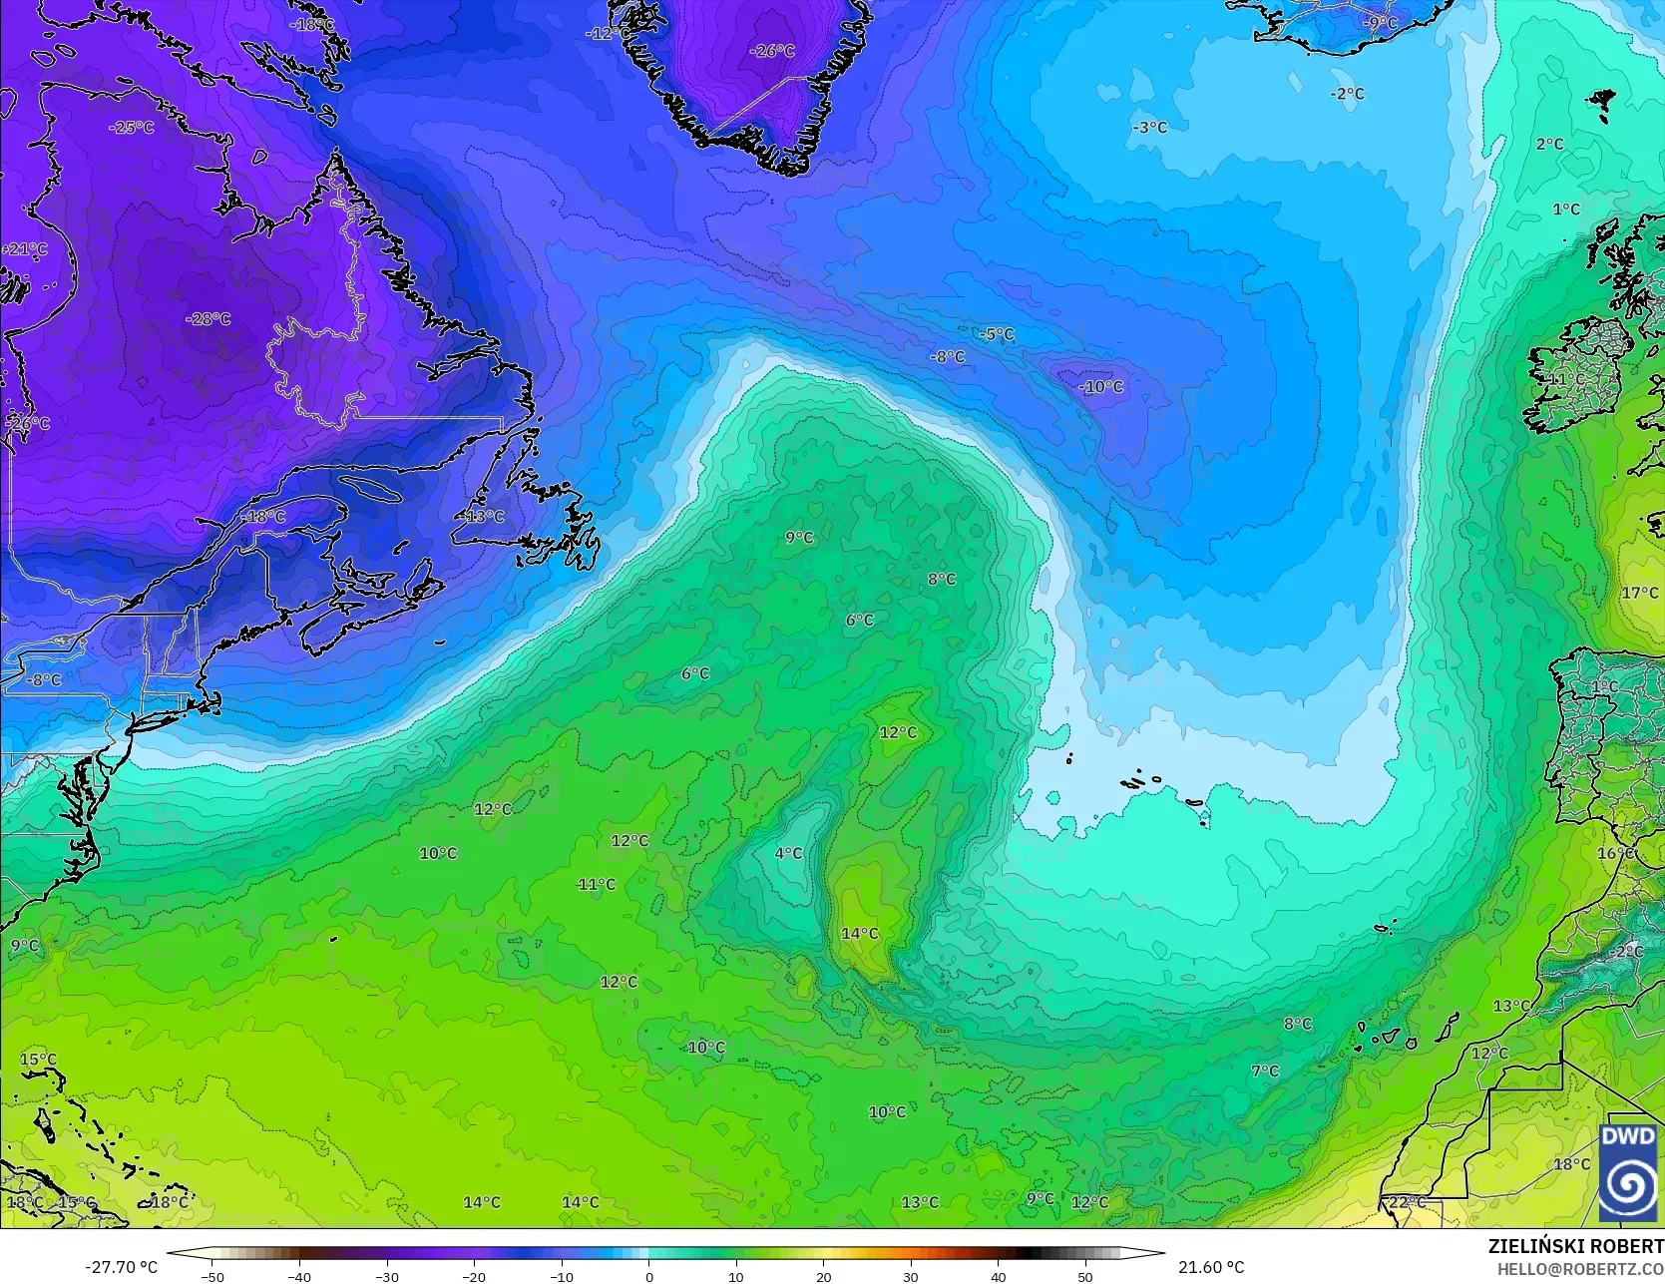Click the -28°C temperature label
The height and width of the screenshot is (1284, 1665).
pos(208,319)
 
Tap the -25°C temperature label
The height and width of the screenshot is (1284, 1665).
pos(132,128)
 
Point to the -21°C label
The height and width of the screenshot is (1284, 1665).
pos(24,249)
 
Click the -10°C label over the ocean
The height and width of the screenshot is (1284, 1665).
pos(1100,387)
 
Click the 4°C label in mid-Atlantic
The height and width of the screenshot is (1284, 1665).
pos(788,853)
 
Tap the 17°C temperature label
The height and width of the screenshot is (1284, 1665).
pos(1639,594)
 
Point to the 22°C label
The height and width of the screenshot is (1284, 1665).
pos(1407,1202)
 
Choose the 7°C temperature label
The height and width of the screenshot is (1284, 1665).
pos(1264,1070)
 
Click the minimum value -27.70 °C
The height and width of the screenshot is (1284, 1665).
pos(121,1267)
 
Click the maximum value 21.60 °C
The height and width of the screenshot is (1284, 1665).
pos(1210,1267)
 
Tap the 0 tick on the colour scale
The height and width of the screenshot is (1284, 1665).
pos(648,1276)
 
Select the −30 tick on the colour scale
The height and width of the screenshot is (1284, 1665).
pos(387,1276)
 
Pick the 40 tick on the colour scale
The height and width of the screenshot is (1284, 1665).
pos(998,1276)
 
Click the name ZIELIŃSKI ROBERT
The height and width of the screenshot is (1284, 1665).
pos(1575,1247)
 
